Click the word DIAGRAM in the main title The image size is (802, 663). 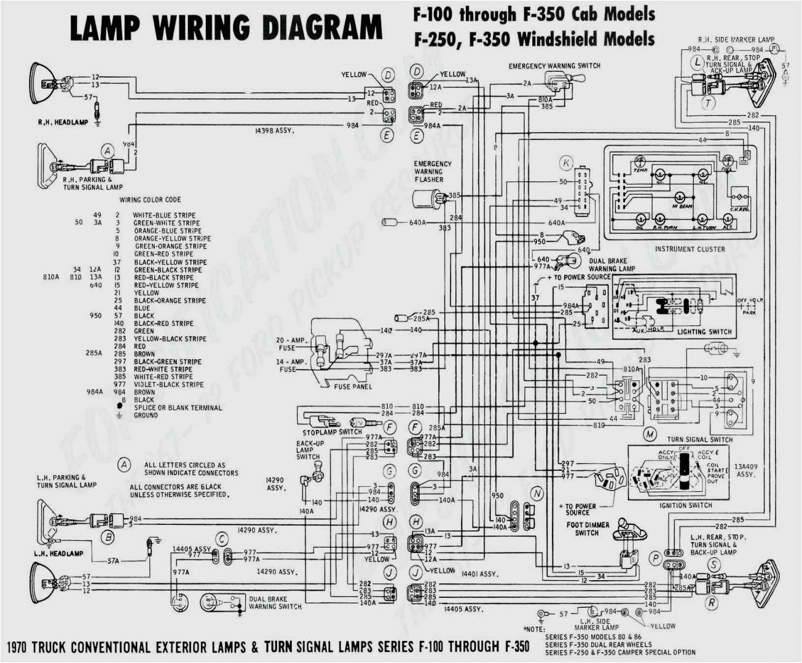tap(323, 28)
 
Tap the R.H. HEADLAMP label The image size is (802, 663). tap(63, 123)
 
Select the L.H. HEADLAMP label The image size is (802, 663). tap(58, 554)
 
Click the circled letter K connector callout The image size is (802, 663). tap(566, 163)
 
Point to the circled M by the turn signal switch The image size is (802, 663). tap(650, 435)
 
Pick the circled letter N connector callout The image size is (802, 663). tap(537, 494)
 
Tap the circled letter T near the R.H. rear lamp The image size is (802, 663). tap(709, 103)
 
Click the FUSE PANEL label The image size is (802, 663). tap(353, 387)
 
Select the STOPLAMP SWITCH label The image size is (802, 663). tap(332, 432)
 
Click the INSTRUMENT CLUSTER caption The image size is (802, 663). tap(690, 249)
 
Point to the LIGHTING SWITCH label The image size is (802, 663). tap(704, 332)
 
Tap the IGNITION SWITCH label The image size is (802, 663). tap(686, 506)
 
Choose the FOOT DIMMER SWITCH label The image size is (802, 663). tap(588, 529)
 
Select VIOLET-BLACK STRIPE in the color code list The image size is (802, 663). tap(168, 385)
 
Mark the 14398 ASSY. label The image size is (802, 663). tap(274, 131)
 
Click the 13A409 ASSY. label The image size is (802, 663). tap(745, 470)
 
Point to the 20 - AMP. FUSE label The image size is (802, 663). tap(290, 344)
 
